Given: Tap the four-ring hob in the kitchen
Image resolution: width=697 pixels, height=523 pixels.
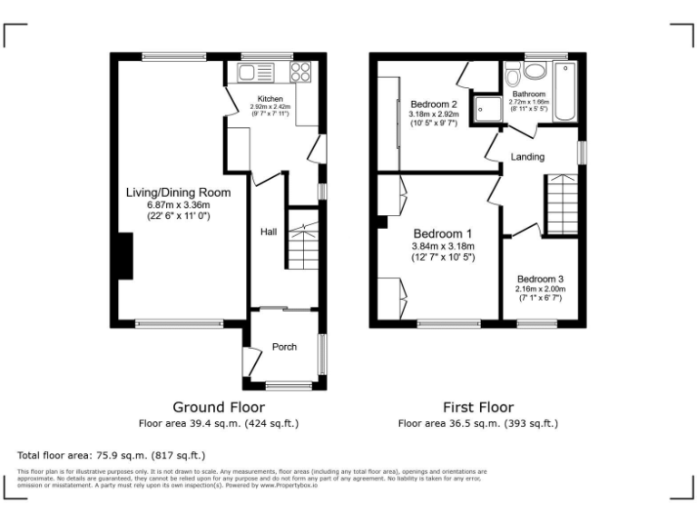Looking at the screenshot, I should coord(301,73).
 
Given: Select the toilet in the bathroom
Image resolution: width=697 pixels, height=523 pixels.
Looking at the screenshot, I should coord(514,71).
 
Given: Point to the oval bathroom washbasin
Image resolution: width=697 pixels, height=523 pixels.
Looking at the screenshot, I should coord(535,70).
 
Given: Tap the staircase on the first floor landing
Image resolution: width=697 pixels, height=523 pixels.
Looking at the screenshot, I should coord(560,203).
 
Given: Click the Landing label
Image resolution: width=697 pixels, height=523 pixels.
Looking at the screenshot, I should coord(527,157).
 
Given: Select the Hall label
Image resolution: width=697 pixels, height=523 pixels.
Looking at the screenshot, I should coord(269,232).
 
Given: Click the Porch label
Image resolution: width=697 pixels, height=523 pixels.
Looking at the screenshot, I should coord(284,347).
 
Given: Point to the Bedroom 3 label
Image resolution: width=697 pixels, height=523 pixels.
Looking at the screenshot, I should coord(540,279).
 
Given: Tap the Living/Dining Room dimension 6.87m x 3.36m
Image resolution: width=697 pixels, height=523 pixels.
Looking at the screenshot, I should coord(178,205).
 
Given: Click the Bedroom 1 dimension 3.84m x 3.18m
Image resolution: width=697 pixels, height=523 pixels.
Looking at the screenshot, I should coord(437,246).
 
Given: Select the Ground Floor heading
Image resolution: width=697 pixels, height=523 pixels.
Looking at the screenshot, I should coord(219,408).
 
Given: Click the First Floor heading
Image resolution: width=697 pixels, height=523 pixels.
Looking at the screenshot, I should coord(477,408).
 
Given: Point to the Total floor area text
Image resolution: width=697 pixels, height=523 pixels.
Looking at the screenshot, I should coord(112,455).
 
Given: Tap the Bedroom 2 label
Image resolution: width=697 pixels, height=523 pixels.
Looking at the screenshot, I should coord(433,104).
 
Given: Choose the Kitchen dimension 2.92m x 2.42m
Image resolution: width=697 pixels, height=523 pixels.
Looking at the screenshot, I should coord(270,107).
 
